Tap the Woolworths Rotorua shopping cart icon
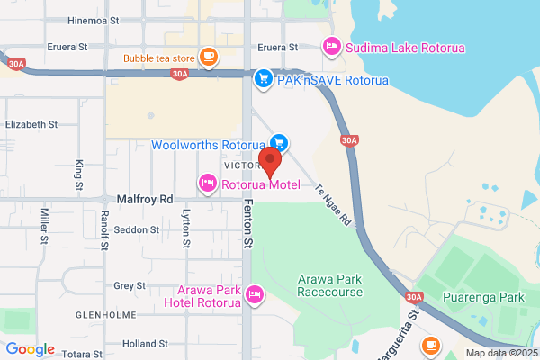[279, 142]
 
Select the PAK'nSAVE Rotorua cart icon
[264, 79]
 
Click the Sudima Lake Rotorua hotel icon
[331, 45]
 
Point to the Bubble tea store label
[159, 60]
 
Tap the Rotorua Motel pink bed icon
[207, 184]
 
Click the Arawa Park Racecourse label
[330, 285]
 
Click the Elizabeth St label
[31, 124]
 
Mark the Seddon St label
[137, 229]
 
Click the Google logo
[30, 349]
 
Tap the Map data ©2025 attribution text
[499, 353]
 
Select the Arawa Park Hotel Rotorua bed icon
[255, 293]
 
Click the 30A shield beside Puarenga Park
[414, 296]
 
